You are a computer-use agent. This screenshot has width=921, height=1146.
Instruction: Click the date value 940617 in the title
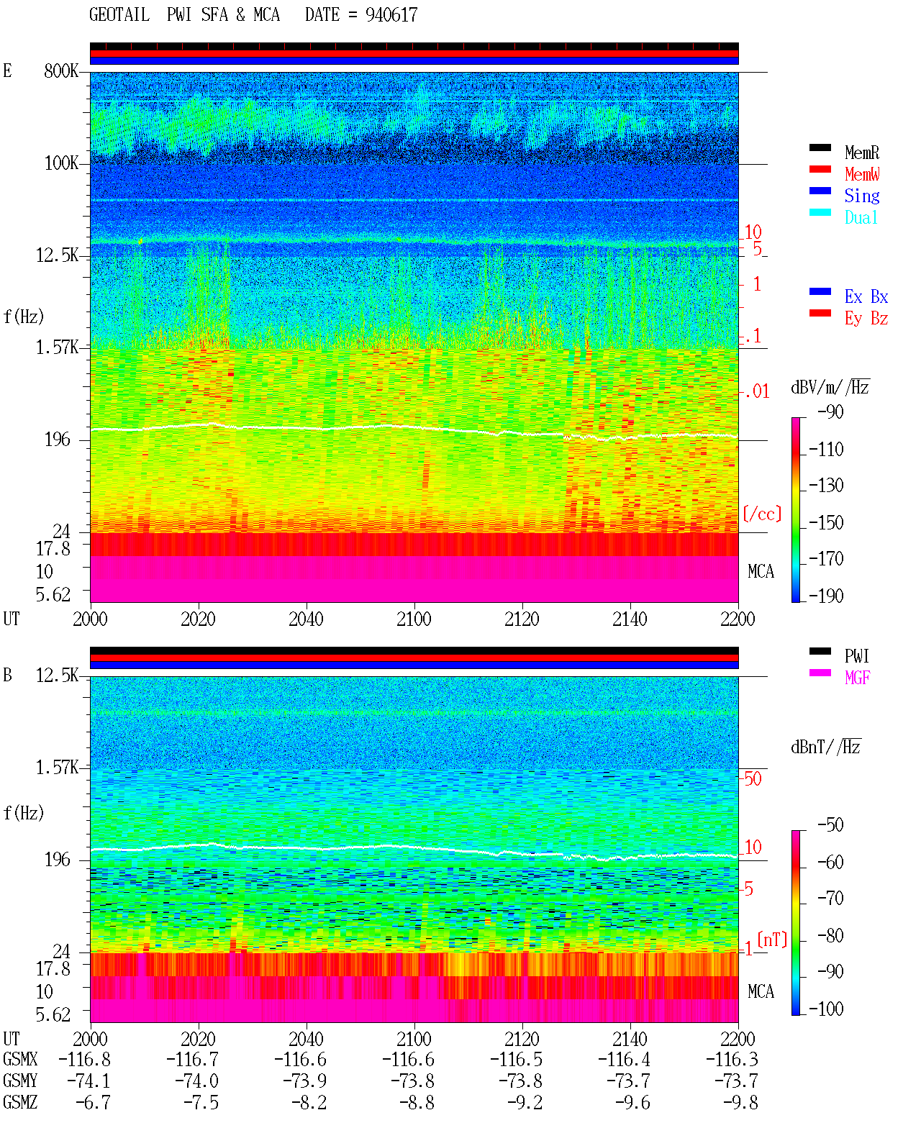pos(391,15)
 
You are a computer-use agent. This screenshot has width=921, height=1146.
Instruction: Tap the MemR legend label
pos(862,153)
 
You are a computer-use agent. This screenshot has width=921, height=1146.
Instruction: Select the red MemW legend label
pos(862,174)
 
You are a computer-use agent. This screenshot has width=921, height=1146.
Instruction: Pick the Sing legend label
pos(862,196)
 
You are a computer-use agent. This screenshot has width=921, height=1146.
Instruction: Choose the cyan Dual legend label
pos(861,217)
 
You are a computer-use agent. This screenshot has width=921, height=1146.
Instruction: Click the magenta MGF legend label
pos(857,678)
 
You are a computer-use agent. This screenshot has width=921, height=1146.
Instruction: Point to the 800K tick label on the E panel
pos(61,71)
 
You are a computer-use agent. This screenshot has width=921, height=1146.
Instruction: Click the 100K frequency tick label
pos(61,163)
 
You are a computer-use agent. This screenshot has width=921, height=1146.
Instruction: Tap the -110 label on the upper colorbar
pos(826,450)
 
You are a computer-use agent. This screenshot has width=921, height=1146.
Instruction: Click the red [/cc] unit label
pos(762,514)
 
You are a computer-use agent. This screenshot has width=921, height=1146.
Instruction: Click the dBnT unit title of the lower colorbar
pos(825,747)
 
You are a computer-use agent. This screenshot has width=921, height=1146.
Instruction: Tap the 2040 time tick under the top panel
pos(306,619)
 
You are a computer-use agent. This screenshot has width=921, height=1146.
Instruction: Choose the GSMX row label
pos(20,1059)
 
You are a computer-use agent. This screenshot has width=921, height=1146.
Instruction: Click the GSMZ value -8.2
pos(309,1102)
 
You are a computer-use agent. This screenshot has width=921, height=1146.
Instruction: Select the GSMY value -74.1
pos(89,1081)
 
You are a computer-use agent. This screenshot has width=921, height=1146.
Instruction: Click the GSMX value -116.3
pos(732,1059)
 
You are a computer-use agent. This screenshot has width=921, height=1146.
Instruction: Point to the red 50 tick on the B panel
pos(753,778)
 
